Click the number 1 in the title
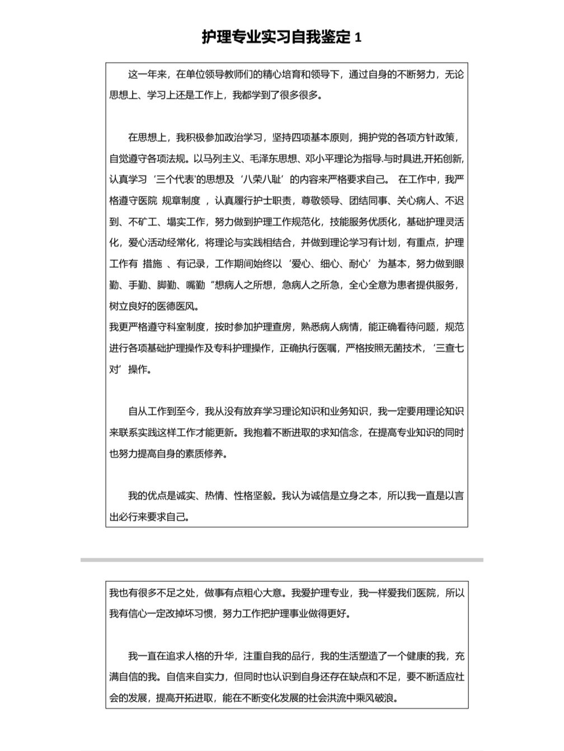pyautogui.click(x=358, y=38)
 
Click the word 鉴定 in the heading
pyautogui.click(x=334, y=37)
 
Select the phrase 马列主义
pyautogui.click(x=167, y=158)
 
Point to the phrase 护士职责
pyautogui.click(x=271, y=201)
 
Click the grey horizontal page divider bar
pyautogui.click(x=281, y=559)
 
